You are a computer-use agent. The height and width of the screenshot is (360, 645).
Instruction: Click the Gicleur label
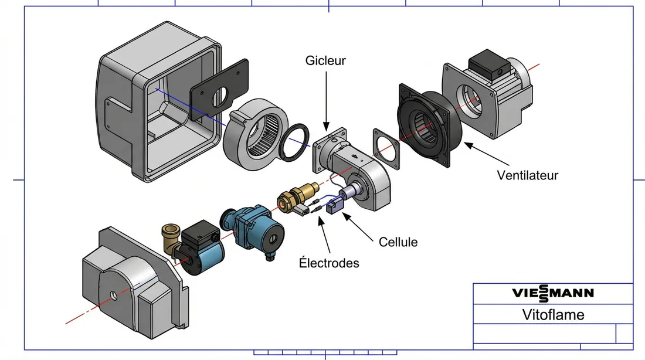pyautogui.click(x=325, y=60)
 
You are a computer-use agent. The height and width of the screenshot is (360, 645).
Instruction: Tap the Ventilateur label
pyautogui.click(x=527, y=175)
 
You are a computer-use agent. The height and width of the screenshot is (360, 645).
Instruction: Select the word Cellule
pyautogui.click(x=398, y=242)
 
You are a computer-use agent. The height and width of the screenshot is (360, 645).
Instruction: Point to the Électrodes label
pyautogui.click(x=328, y=263)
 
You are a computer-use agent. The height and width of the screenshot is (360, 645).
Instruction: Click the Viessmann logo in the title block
pyautogui.click(x=553, y=293)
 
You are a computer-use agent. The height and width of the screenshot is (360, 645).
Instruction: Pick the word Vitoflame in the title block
pyautogui.click(x=553, y=314)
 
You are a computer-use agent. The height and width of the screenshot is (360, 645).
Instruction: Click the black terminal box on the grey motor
pyautogui.click(x=486, y=61)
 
